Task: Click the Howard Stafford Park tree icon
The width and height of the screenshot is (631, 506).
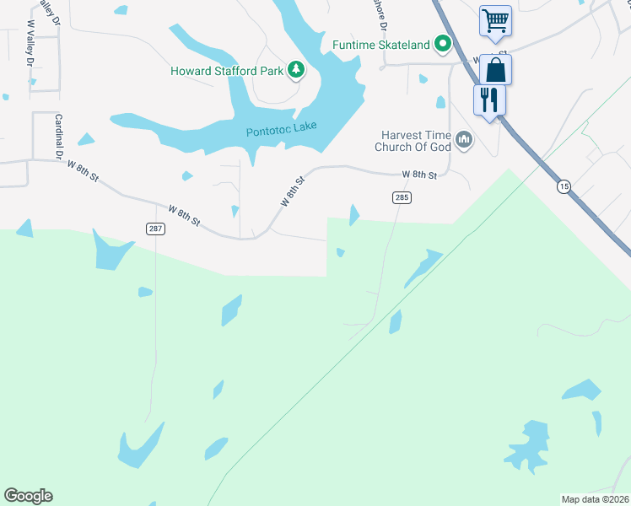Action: [x=296, y=70]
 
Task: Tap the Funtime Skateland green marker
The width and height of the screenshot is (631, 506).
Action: [x=442, y=45]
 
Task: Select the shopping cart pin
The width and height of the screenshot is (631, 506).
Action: [x=494, y=20]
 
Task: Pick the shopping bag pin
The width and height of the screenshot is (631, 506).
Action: [x=496, y=70]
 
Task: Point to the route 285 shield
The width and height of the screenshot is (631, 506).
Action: [x=402, y=197]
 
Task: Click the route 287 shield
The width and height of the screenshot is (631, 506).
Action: [x=154, y=229]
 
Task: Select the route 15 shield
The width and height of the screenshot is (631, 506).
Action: [x=564, y=186]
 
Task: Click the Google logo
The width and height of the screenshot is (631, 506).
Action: [x=28, y=496]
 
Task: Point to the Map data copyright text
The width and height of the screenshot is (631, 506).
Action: [x=596, y=499]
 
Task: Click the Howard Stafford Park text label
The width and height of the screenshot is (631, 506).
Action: [x=227, y=71]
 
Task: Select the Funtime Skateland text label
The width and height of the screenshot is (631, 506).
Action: [x=381, y=45]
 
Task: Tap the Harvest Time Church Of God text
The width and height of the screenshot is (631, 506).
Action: [x=413, y=140]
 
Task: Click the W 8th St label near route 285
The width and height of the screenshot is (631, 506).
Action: [x=419, y=175]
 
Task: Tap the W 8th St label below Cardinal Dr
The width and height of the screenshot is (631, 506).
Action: [x=83, y=170]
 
